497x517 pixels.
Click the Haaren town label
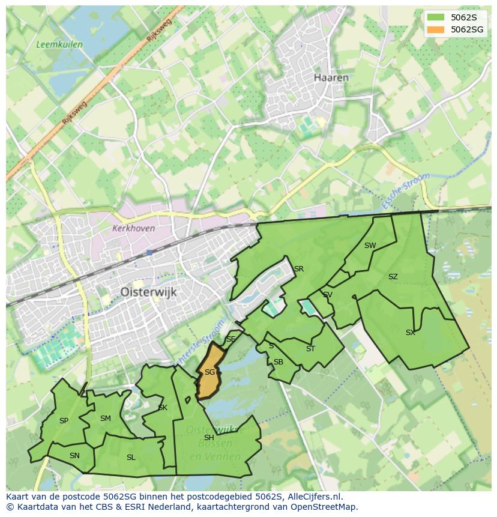(331, 77)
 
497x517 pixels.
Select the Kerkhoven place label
(133, 228)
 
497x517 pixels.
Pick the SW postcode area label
(370, 245)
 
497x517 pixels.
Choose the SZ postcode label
(393, 277)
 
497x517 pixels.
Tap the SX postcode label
(410, 332)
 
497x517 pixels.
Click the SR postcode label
(298, 268)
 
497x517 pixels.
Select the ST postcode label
(310, 349)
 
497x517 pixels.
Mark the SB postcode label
(278, 362)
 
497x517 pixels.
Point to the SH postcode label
(209, 438)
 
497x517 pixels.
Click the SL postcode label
(131, 457)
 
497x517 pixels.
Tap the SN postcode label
(74, 456)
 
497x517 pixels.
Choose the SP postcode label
(64, 421)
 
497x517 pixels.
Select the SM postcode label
(105, 419)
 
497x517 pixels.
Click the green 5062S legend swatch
(436, 17)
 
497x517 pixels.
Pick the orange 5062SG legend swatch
(436, 29)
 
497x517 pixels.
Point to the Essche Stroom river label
(406, 190)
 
